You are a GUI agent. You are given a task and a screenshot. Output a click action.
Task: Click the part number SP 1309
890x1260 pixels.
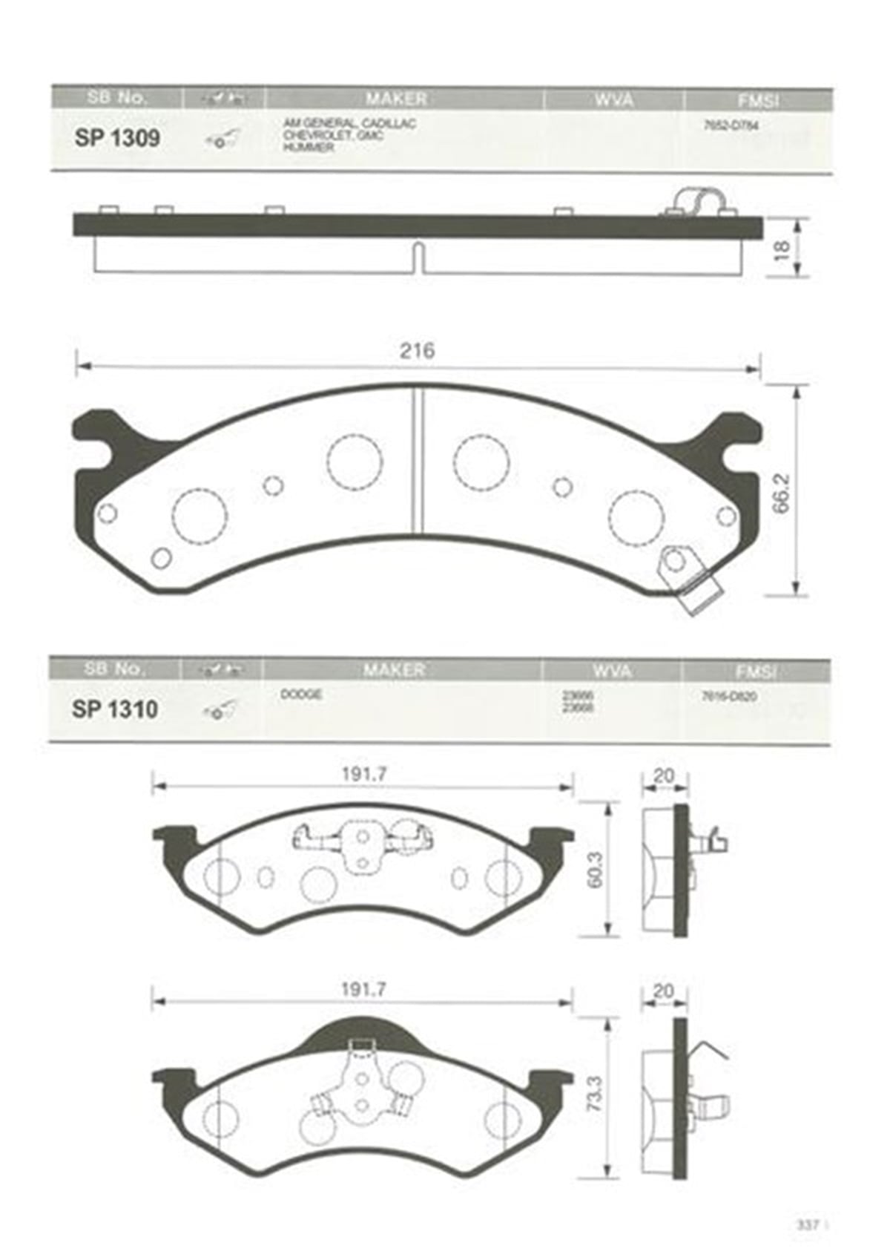tap(117, 138)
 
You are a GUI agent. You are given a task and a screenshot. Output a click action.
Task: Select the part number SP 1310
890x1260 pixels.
tap(115, 709)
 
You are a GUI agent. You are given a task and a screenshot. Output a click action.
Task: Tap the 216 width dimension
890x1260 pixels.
tap(417, 350)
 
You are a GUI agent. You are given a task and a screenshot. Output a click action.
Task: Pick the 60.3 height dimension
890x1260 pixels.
tap(594, 870)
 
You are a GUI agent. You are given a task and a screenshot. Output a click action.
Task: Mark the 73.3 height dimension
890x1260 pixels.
tap(594, 1093)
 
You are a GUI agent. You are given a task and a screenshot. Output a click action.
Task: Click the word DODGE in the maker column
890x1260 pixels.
tap(301, 695)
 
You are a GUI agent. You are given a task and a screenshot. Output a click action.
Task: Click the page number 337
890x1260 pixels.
tap(807, 1225)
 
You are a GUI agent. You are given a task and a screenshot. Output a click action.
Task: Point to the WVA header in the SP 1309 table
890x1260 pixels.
tap(613, 99)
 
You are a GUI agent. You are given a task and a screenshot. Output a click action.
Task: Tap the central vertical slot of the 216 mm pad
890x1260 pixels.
tap(417, 460)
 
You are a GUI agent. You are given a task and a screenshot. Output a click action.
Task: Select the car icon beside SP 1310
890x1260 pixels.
tap(220, 710)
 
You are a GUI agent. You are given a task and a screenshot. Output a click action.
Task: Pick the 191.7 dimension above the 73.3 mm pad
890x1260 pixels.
tap(363, 990)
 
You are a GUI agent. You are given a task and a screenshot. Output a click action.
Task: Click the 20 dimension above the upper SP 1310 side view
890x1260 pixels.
tap(664, 776)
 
